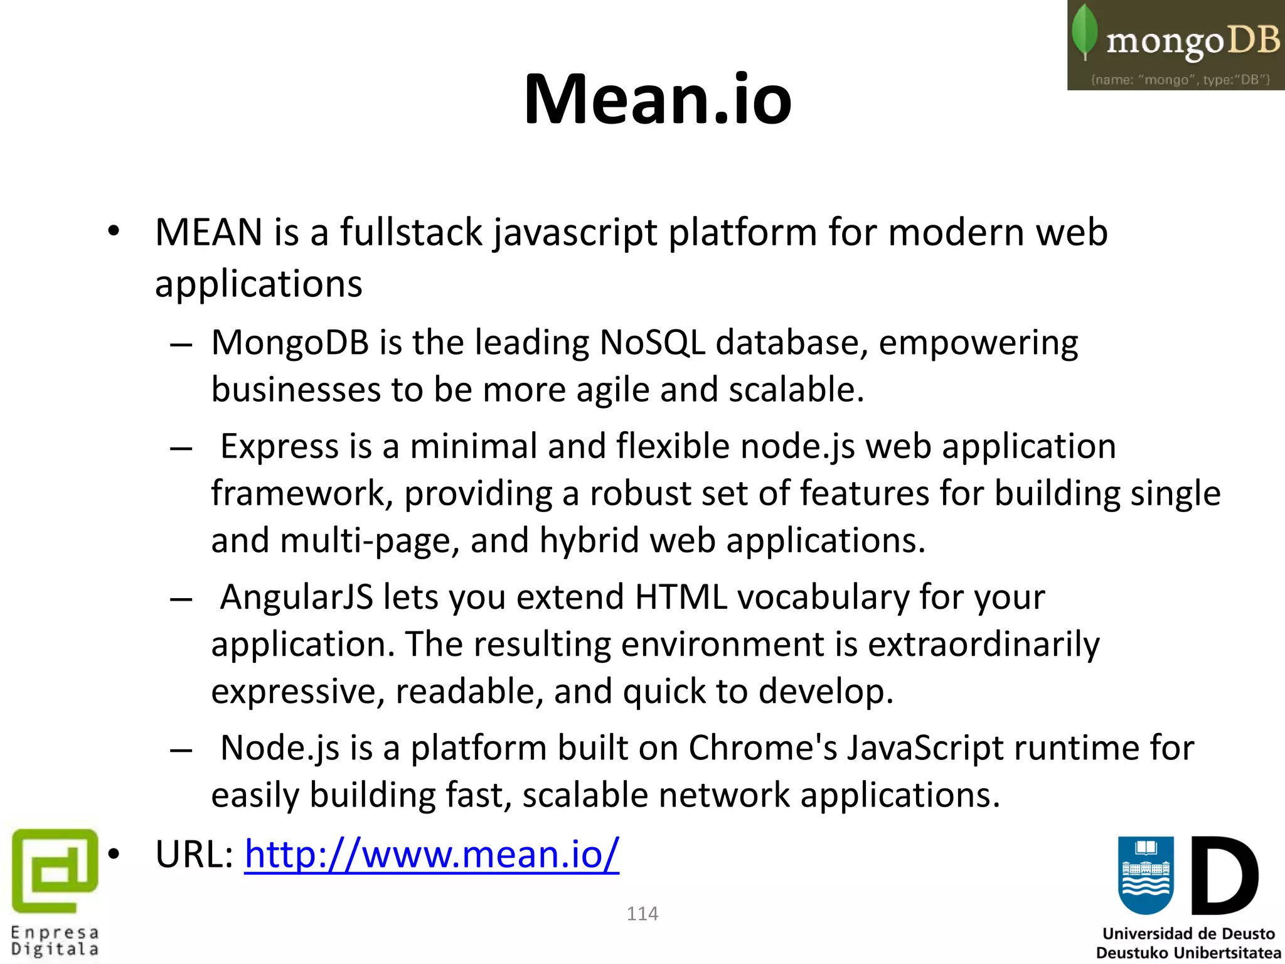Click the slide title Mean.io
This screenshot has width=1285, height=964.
point(658,99)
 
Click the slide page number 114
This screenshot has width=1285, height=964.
point(642,913)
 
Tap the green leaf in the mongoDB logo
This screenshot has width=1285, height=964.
point(1085,31)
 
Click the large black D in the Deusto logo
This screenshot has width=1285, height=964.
point(1224,876)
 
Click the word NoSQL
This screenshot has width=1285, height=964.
point(652,343)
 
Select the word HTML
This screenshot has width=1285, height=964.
point(681,597)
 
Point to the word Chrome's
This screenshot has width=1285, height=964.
point(762,748)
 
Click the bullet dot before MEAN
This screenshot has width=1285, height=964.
point(114,231)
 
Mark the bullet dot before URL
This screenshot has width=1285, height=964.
point(114,854)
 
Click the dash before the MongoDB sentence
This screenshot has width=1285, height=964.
point(181,345)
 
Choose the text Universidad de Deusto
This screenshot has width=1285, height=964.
point(1188,934)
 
